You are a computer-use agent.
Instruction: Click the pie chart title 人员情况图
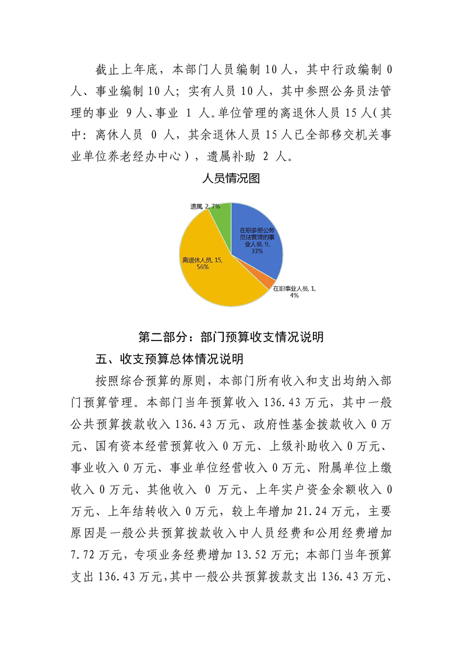pyautogui.click(x=231, y=179)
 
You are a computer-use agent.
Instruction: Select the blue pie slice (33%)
pyautogui.click(x=256, y=233)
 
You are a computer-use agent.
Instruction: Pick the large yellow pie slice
pyautogui.click(x=216, y=274)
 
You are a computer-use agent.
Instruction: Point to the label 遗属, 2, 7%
pyautogui.click(x=204, y=207)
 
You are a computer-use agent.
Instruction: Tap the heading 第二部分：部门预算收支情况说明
pyautogui.click(x=231, y=337)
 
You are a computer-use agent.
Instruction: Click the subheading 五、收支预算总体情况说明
pyautogui.click(x=169, y=358)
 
